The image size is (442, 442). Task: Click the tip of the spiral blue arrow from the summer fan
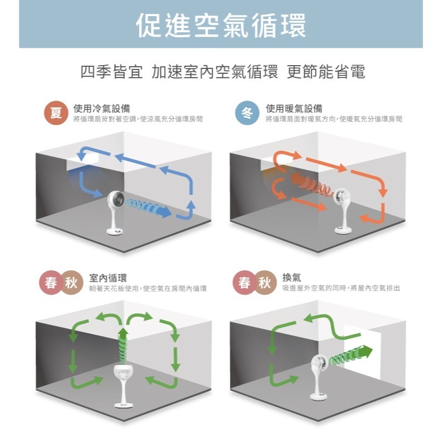[x=171, y=212]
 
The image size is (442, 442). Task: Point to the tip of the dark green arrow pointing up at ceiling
[x=123, y=327]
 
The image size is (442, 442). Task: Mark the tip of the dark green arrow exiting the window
[x=373, y=349]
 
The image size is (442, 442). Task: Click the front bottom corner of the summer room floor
[x=124, y=252]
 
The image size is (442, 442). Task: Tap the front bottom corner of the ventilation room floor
[x=318, y=421]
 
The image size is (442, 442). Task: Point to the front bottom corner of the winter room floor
[x=318, y=252]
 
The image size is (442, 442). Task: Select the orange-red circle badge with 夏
[x=56, y=113]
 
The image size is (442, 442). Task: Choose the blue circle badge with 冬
[x=247, y=113]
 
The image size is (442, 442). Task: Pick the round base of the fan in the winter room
[x=343, y=230]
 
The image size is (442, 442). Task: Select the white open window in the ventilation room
[x=362, y=352]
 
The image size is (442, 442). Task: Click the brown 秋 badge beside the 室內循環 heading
[x=71, y=283]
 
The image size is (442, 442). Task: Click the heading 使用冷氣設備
[x=102, y=108]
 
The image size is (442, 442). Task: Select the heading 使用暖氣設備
[x=294, y=108]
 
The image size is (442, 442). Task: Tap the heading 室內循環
[x=108, y=278]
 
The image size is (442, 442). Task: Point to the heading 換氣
[x=292, y=277]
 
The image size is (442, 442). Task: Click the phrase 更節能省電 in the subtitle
[x=326, y=72]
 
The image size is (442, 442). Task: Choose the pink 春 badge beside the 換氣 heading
[x=244, y=283]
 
